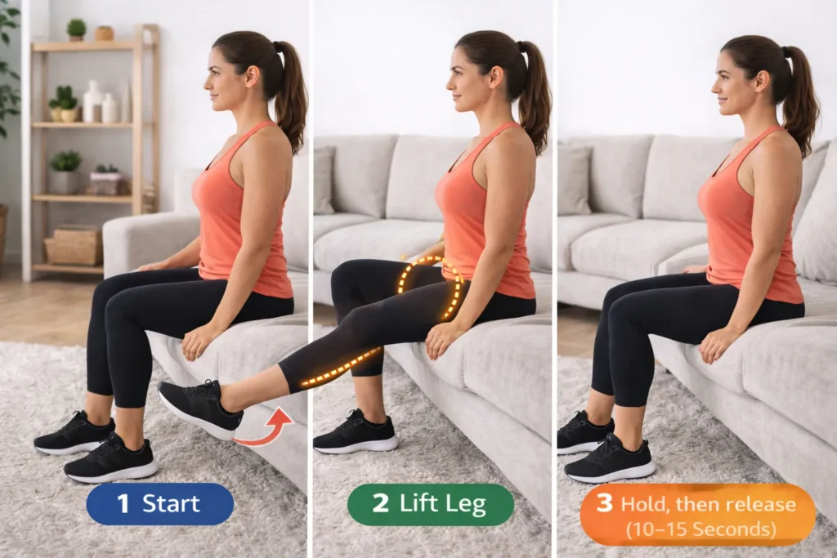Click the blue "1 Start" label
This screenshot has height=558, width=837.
[159, 504]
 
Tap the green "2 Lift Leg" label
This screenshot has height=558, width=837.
[431, 504]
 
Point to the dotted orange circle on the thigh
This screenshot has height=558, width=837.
[430, 287]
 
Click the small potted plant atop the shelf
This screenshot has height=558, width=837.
[76, 29]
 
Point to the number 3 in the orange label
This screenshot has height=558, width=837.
[604, 503]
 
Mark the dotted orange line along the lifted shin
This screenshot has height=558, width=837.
[342, 367]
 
